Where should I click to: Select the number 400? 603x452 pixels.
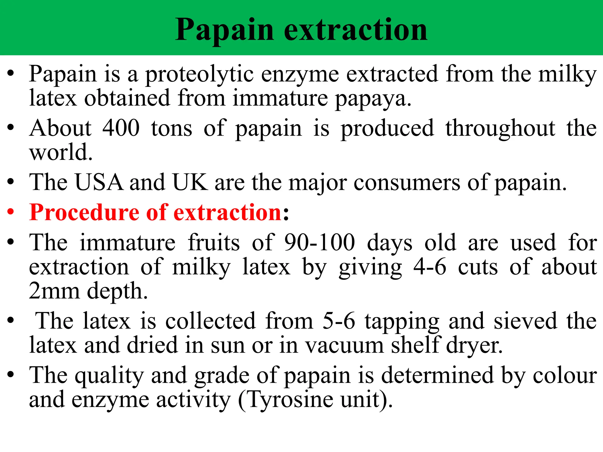click(x=121, y=128)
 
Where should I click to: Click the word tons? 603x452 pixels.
click(x=172, y=128)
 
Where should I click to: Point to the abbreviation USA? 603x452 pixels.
click(x=99, y=182)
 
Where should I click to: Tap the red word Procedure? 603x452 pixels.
click(x=84, y=212)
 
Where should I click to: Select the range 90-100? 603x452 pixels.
click(x=319, y=242)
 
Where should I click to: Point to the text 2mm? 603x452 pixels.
click(x=54, y=291)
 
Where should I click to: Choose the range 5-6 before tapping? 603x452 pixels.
click(x=339, y=321)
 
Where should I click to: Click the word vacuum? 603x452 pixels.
click(x=344, y=345)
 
